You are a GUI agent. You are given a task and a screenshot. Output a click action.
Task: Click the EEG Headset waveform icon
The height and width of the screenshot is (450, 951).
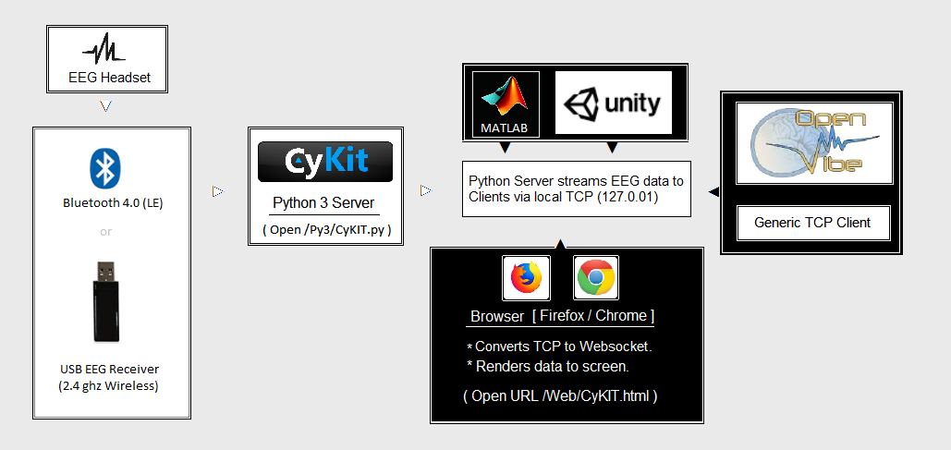click(106, 48)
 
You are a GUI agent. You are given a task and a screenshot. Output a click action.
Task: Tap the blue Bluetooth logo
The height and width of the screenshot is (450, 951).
click(105, 168)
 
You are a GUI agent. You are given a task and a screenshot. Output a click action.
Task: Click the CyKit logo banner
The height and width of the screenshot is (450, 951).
click(325, 162)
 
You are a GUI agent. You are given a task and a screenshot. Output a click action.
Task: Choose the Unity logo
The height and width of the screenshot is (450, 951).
click(614, 103)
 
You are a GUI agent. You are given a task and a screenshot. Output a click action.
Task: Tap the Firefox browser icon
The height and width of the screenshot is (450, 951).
click(526, 277)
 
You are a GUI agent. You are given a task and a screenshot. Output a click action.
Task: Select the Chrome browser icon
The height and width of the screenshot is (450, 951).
click(596, 277)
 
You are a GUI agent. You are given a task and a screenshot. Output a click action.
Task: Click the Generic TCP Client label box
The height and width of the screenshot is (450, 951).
click(812, 223)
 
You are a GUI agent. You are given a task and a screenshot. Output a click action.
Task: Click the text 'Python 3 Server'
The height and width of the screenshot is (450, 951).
click(325, 203)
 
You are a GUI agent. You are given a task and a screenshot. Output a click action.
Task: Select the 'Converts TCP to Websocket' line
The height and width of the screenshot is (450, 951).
click(564, 347)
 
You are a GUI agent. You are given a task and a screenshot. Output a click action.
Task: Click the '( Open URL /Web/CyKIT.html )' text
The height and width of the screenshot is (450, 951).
click(560, 395)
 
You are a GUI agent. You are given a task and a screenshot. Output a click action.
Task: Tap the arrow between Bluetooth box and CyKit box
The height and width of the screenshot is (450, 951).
click(218, 191)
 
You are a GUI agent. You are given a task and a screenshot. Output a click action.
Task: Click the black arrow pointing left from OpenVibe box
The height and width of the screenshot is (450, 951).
click(713, 191)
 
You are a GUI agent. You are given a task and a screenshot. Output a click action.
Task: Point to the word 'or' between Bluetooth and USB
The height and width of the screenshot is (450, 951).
click(105, 231)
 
